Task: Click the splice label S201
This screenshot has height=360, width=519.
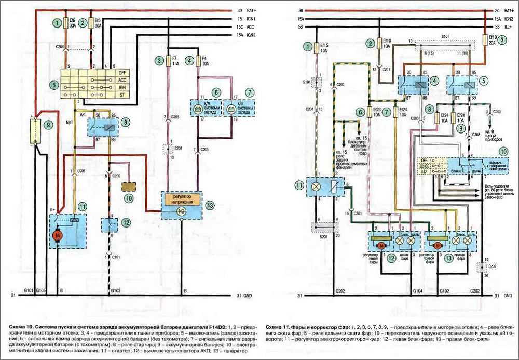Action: (175, 149)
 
